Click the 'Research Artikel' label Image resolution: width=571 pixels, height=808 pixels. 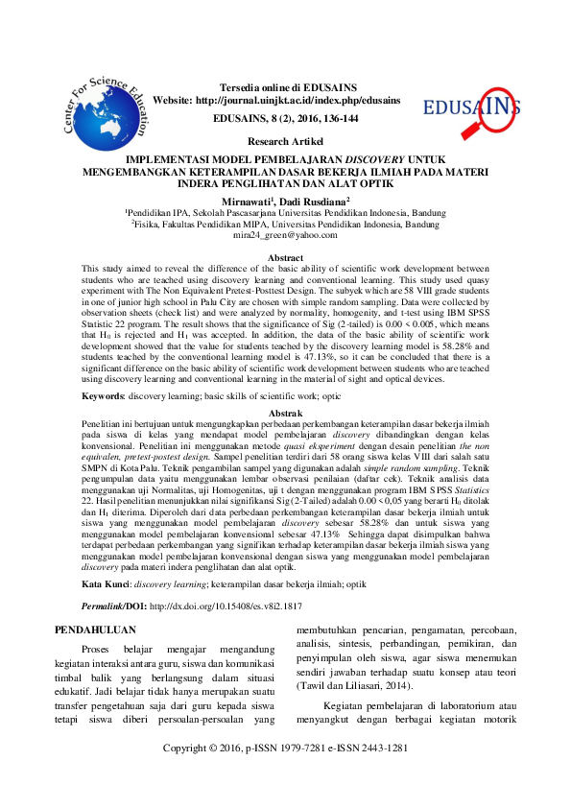(x=285, y=141)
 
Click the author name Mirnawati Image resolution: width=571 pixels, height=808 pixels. (x=246, y=202)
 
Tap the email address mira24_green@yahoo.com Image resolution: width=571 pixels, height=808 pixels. (x=285, y=234)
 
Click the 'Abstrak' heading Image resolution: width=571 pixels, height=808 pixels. (x=285, y=412)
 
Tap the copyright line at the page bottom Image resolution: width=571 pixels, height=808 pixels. (x=285, y=774)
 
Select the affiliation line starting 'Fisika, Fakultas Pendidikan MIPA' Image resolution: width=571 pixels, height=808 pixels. (x=285, y=224)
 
